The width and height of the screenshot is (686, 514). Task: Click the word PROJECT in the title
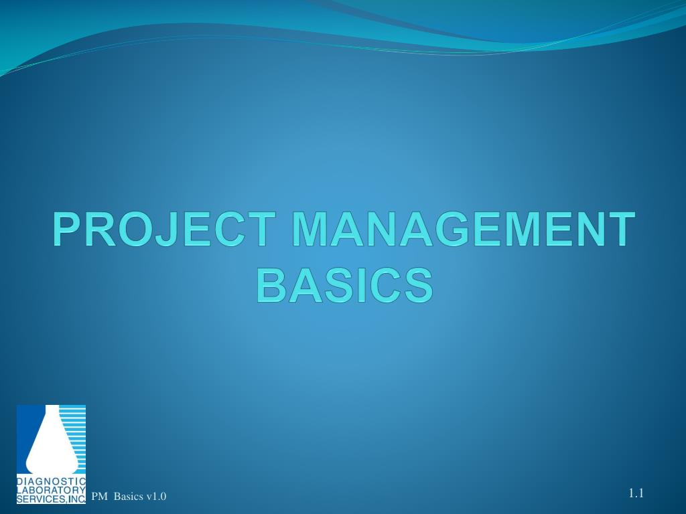(x=165, y=230)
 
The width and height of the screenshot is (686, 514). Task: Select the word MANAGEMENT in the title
(x=462, y=230)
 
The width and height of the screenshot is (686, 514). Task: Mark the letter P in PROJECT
(x=68, y=230)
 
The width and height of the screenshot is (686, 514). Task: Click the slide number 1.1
(x=636, y=494)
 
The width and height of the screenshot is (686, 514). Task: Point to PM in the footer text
(x=99, y=496)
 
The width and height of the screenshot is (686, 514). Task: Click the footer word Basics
(x=128, y=496)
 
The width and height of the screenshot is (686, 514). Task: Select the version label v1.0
(x=156, y=496)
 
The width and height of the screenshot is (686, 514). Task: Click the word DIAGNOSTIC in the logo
(x=51, y=482)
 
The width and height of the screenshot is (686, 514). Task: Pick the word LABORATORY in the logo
(x=51, y=490)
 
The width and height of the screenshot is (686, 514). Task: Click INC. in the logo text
(x=76, y=499)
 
